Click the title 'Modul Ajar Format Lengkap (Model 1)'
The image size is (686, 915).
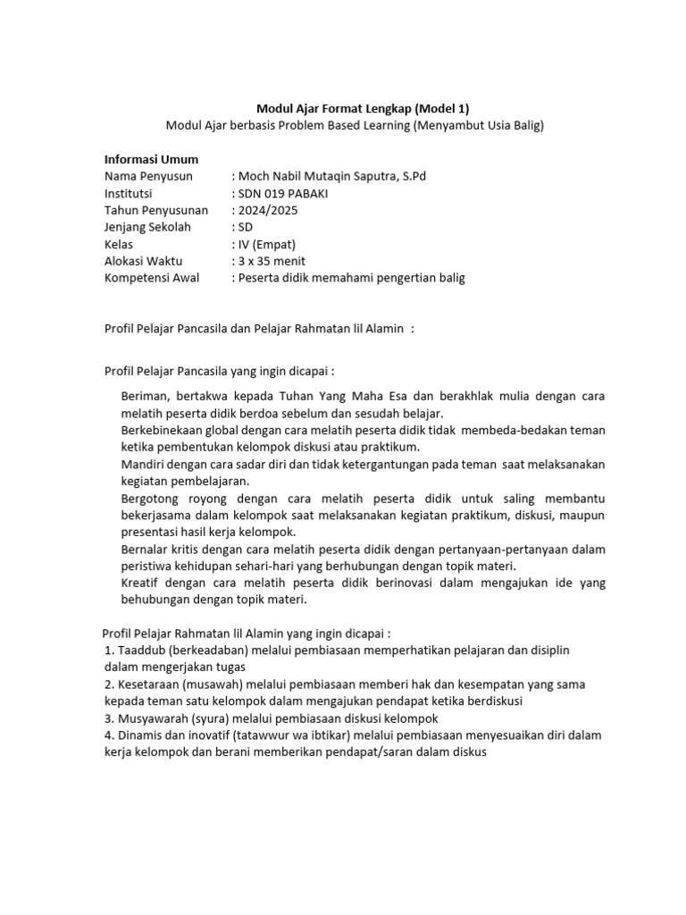pyautogui.click(x=356, y=108)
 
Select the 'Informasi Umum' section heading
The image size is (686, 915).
pyautogui.click(x=151, y=159)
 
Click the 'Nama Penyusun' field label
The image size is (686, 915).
pyautogui.click(x=148, y=176)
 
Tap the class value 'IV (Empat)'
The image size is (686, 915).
pyautogui.click(x=266, y=244)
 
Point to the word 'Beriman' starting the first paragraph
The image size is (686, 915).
pyautogui.click(x=145, y=396)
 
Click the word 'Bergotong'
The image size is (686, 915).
pyautogui.click(x=151, y=498)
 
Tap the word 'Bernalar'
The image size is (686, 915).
pyautogui.click(x=145, y=549)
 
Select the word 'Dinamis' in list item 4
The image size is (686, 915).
pyautogui.click(x=138, y=735)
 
